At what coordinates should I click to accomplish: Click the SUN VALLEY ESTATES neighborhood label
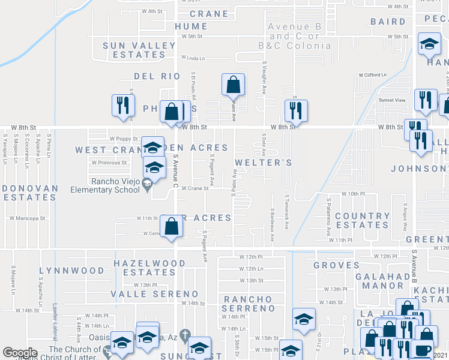click(134, 50)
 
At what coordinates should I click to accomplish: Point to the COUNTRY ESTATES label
click(362, 220)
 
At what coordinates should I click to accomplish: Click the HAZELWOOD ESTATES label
click(149, 268)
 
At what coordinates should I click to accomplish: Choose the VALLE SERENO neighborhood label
click(154, 294)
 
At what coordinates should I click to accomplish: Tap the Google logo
click(20, 352)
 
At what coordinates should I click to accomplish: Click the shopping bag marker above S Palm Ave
click(233, 85)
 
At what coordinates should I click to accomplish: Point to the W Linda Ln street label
click(192, 59)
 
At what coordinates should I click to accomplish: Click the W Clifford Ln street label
click(373, 75)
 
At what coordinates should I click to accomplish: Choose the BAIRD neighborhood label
click(388, 22)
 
